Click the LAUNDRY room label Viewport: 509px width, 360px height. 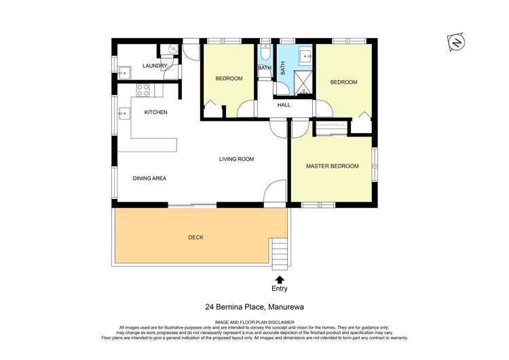[x=155, y=66]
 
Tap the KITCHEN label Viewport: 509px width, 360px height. [x=155, y=112]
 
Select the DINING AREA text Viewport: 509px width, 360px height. [x=149, y=178]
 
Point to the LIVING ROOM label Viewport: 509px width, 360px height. [x=236, y=159]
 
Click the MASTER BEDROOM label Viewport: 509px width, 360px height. [x=332, y=166]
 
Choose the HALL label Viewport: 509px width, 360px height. [x=284, y=105]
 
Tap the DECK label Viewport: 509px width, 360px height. [x=195, y=237]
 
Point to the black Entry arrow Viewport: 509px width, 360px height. [x=279, y=279]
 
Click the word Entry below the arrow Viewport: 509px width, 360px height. [x=279, y=289]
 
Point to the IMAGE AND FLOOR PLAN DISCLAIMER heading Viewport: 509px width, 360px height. [x=254, y=321]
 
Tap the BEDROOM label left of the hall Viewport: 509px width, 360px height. [x=229, y=79]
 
